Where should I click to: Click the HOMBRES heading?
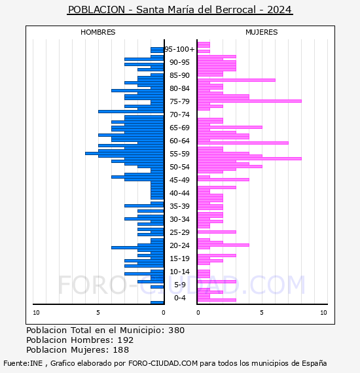(x=98, y=32)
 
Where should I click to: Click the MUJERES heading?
(x=262, y=32)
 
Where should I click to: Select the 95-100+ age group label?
(x=179, y=49)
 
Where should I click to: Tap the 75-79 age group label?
(x=179, y=101)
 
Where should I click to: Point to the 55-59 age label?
(x=179, y=154)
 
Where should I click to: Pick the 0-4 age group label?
(x=180, y=298)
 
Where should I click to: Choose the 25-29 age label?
(x=179, y=232)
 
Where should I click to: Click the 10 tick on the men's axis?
(x=36, y=313)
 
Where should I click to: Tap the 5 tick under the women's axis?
(x=262, y=313)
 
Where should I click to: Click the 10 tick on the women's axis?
(x=323, y=313)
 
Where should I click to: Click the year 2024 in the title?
(x=279, y=10)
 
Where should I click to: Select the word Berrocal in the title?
(x=236, y=10)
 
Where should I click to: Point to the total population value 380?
(x=176, y=330)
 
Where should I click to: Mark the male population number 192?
(x=126, y=340)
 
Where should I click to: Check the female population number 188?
(x=120, y=349)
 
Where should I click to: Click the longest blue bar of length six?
(x=124, y=153)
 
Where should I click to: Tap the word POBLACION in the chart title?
(x=96, y=10)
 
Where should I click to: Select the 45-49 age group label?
(x=179, y=180)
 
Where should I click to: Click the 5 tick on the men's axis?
(x=98, y=313)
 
